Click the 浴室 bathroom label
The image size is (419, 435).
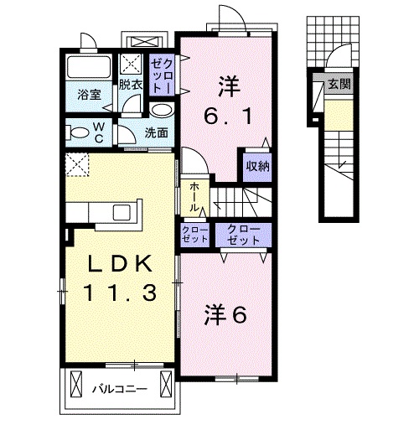coord(89,95)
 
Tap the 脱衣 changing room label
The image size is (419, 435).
coord(131,85)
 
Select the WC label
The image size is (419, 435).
coord(99,132)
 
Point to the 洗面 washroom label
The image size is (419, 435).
coord(156,133)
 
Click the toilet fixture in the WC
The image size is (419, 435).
coord(76,132)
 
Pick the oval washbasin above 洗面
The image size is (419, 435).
coord(162,110)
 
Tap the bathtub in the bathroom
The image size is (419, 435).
coord(89,67)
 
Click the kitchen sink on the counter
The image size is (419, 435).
coord(122,212)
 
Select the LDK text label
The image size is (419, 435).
coord(121,264)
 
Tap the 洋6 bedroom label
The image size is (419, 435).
coord(225,314)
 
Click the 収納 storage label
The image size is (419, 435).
coord(257,166)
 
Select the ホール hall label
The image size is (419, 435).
coord(194,197)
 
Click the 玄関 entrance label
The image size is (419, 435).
coord(339,84)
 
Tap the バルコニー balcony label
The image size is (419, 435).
coord(120,389)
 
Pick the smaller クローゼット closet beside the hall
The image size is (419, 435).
coord(195,235)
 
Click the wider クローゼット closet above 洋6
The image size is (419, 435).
coord(243,235)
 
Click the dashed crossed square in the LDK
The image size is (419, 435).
coord(77,165)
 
